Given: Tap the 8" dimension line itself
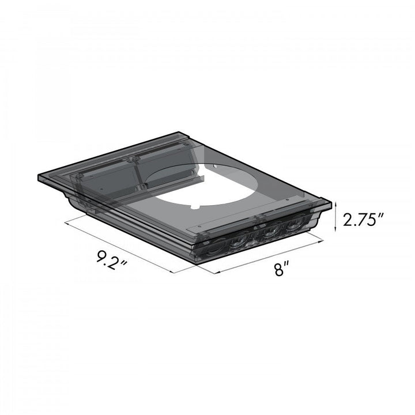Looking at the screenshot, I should click(268, 258).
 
